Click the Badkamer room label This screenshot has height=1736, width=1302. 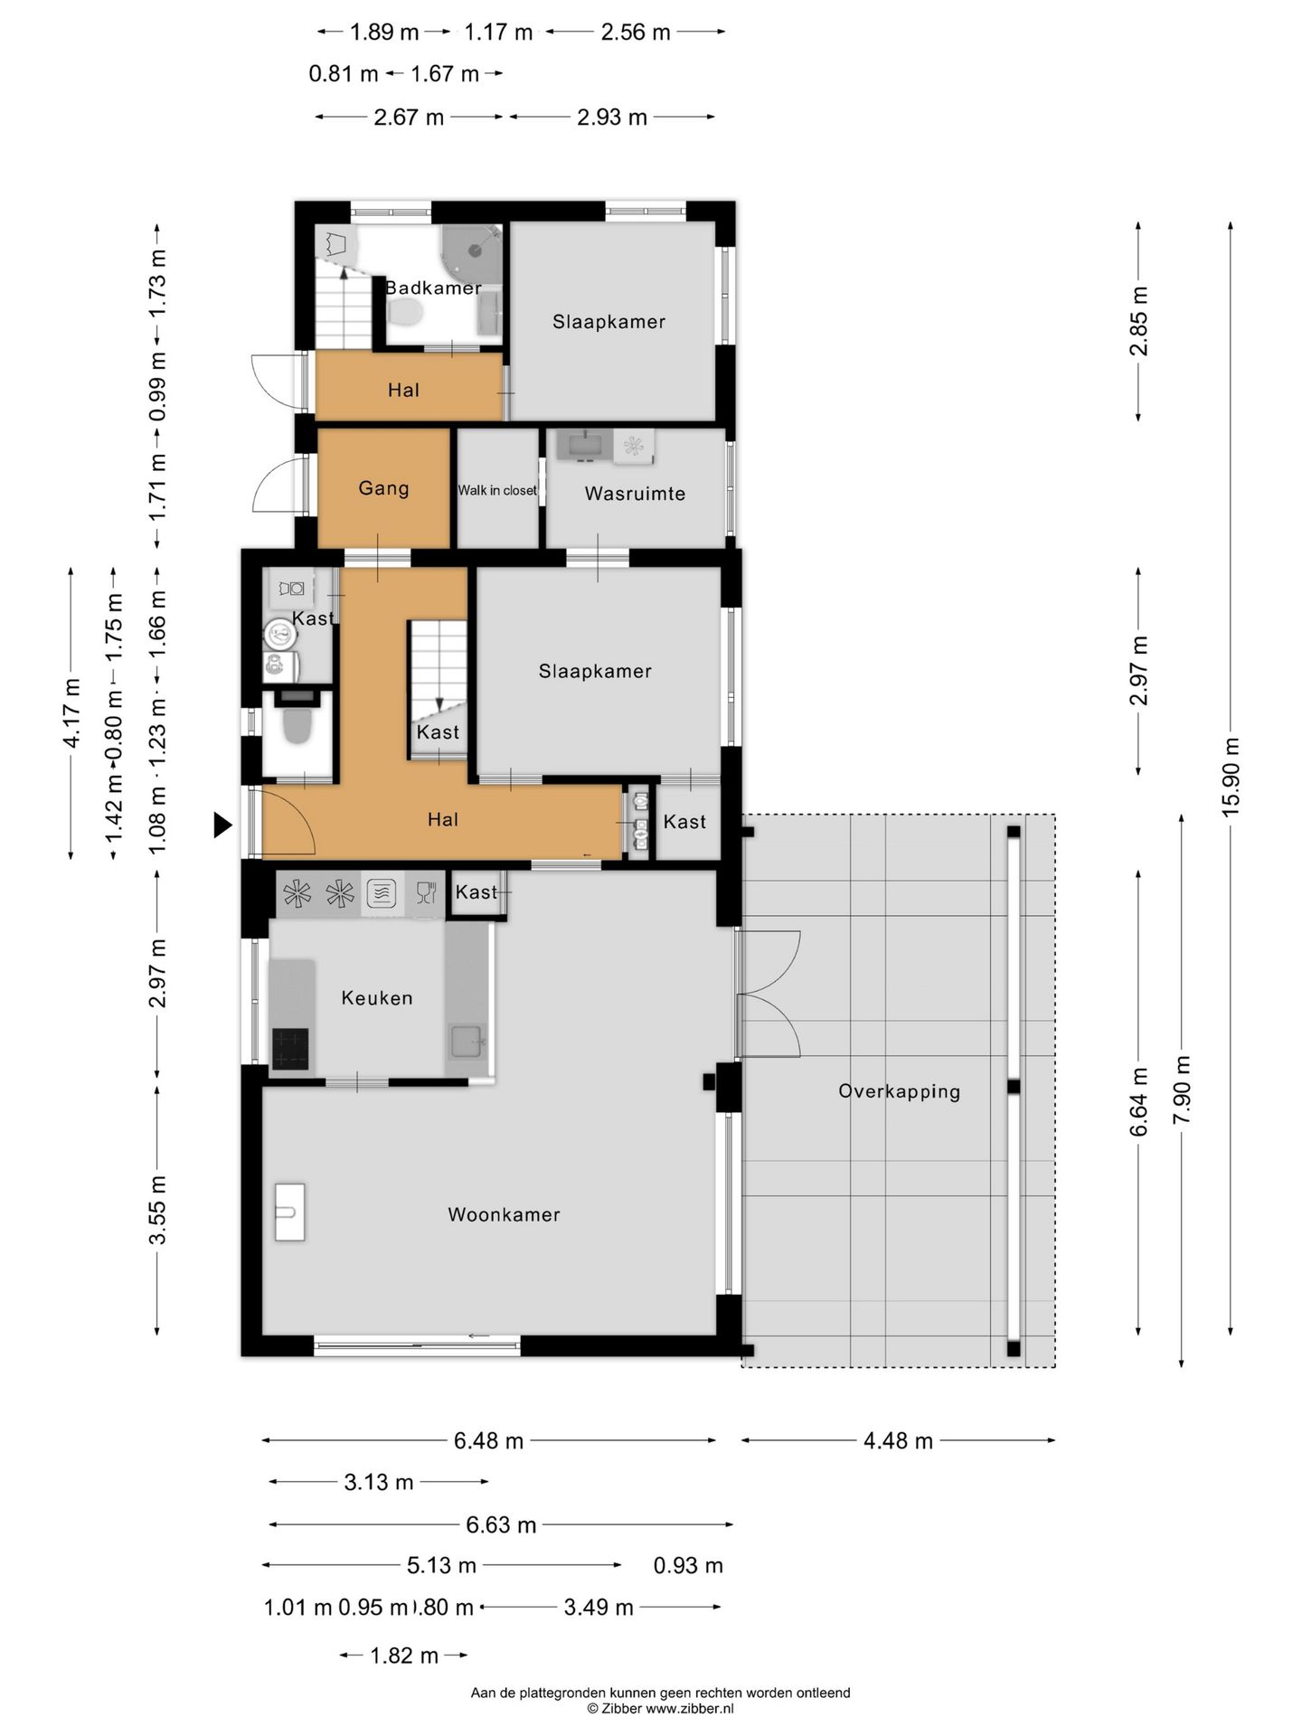click(x=433, y=288)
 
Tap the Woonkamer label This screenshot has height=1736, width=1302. click(x=504, y=1214)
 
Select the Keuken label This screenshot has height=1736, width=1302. click(x=377, y=997)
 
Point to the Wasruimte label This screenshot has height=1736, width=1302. click(x=635, y=494)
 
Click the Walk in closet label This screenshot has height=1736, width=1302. click(x=497, y=490)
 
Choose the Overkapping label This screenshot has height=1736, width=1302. click(x=899, y=1090)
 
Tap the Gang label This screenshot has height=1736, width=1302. click(x=384, y=488)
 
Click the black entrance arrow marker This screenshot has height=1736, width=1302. click(x=222, y=825)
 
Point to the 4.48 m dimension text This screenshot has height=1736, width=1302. click(x=898, y=1440)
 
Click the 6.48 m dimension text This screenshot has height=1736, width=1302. click(x=488, y=1440)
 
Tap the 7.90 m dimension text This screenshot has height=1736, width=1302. click(x=1181, y=1090)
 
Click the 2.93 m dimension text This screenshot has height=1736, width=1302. click(x=612, y=117)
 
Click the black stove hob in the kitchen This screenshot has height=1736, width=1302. click(x=290, y=1049)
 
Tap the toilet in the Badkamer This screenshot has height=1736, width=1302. click(x=405, y=313)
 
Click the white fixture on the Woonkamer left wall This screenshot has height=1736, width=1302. click(x=290, y=1212)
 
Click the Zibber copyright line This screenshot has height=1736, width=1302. click(x=660, y=1708)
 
